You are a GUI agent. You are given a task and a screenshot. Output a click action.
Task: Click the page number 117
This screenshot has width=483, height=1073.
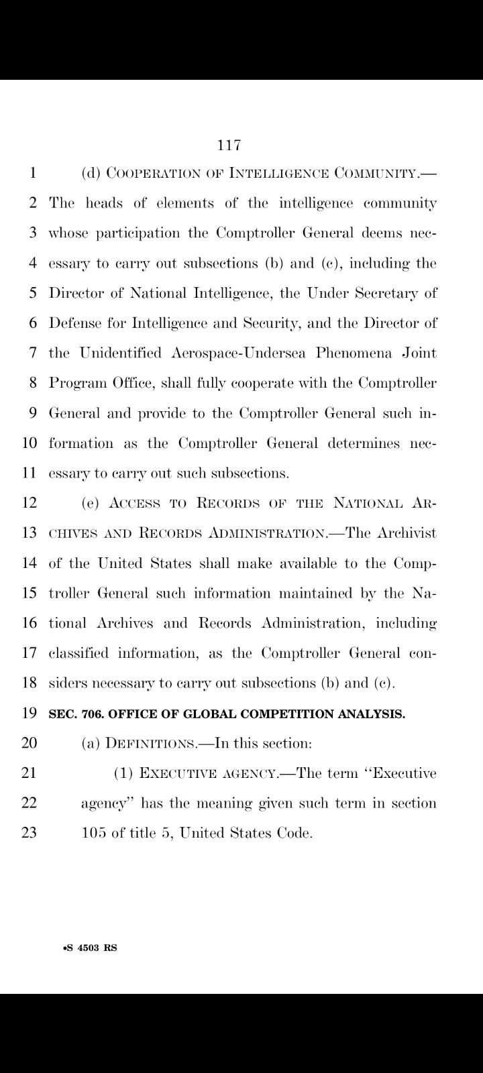pos(229,144)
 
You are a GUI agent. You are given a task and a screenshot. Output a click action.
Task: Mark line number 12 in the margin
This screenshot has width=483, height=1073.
pos(29,503)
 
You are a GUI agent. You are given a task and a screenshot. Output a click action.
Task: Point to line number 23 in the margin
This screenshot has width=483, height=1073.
pos(29,834)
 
